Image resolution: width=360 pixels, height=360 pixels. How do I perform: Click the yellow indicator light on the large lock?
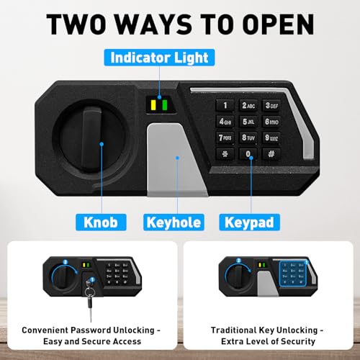coord(153,105)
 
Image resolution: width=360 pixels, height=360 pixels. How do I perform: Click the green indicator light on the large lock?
coord(165,105)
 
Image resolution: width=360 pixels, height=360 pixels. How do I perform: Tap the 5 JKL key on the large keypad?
coord(248,122)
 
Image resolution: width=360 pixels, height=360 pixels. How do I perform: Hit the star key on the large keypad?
coord(225,153)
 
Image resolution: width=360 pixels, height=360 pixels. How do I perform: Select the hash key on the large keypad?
coord(271,153)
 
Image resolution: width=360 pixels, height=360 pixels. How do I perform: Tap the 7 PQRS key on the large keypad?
coord(225,138)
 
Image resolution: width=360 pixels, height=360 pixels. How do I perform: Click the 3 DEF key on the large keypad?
coord(271,105)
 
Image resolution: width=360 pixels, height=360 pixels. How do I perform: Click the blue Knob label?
coord(101,222)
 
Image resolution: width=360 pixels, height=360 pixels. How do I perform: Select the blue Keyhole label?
coord(174,222)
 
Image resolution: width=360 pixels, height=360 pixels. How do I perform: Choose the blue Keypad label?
coord(249,222)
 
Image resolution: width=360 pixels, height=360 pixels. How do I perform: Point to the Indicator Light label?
coord(159,58)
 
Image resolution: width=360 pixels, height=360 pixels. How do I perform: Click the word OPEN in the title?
coord(278,24)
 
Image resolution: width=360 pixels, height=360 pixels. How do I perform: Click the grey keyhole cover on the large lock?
coord(174,160)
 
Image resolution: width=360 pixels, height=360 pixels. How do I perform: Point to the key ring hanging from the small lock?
coord(90,292)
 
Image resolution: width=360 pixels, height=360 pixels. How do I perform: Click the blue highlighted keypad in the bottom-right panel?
coord(293,274)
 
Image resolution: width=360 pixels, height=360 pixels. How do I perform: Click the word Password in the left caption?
coord(91,330)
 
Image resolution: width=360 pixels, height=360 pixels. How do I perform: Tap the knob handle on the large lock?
coord(91,139)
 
